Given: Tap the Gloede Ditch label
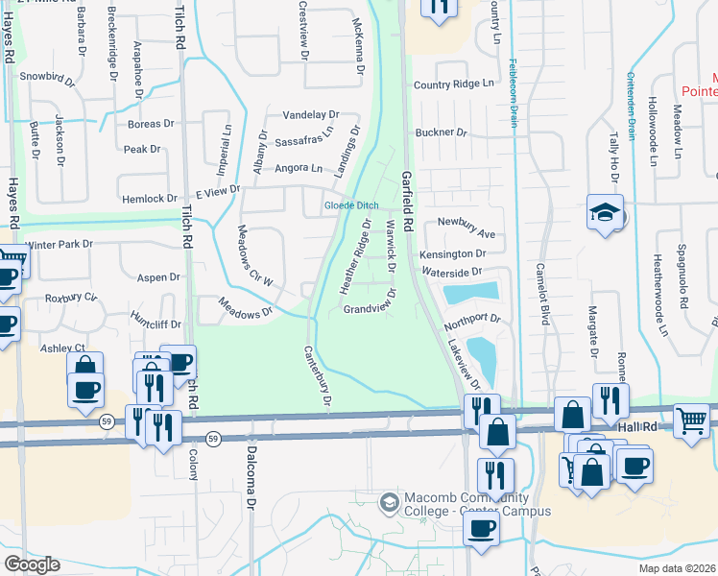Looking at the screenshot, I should [x=351, y=205].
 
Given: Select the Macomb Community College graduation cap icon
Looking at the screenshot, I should [x=389, y=501].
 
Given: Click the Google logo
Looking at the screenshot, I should [x=32, y=564].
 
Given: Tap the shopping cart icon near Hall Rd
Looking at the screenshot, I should [x=691, y=420].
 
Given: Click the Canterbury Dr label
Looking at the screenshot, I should [x=317, y=379].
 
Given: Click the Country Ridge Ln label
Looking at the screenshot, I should [x=459, y=84].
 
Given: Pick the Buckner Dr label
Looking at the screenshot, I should [x=441, y=132].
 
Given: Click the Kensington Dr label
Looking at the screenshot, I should [x=452, y=253].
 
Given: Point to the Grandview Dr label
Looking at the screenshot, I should [x=371, y=310].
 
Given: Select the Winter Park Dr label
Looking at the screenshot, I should [x=60, y=245].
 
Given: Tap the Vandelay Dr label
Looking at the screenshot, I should [x=311, y=114].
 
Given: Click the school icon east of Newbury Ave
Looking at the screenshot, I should [x=606, y=212].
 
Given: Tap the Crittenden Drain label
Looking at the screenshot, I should [x=633, y=106].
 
